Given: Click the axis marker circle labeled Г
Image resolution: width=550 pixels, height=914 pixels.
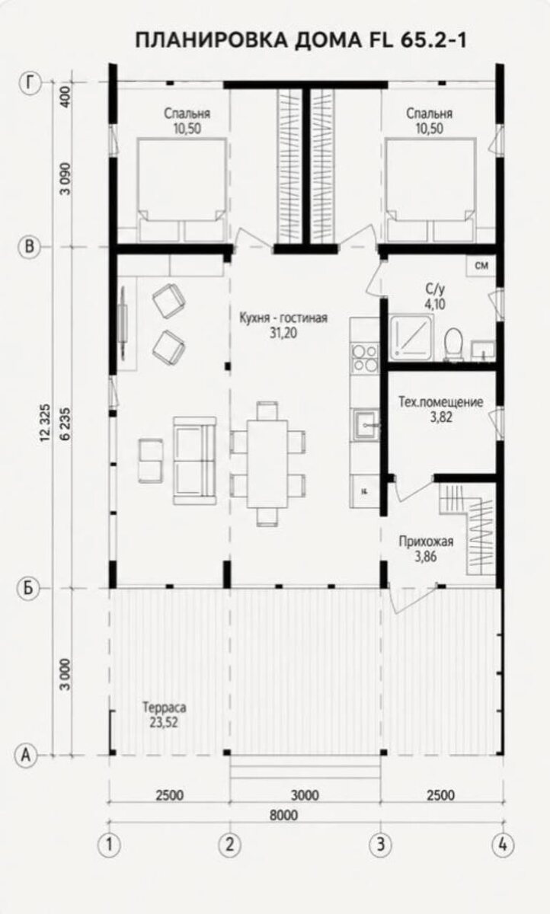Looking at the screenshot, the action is pyautogui.click(x=30, y=83).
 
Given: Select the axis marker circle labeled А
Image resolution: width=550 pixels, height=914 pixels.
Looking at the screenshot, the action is pyautogui.click(x=26, y=755).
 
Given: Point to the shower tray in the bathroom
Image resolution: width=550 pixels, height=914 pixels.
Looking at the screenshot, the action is pyautogui.click(x=411, y=337).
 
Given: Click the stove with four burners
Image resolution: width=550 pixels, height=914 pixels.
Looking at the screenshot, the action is pyautogui.click(x=365, y=358).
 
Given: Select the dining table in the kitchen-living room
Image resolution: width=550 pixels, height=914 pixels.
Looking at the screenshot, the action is pyautogui.click(x=267, y=464).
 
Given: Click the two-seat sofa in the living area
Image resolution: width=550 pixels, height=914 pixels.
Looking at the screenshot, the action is pyautogui.click(x=194, y=461).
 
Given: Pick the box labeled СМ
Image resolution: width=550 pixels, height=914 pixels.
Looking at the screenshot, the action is pyautogui.click(x=481, y=266).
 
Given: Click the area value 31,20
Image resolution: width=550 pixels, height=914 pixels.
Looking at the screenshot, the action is pyautogui.click(x=283, y=333).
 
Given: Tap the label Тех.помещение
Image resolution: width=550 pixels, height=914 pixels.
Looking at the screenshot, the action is pyautogui.click(x=440, y=402).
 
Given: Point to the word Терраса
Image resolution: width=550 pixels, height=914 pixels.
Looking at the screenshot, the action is pyautogui.click(x=165, y=707).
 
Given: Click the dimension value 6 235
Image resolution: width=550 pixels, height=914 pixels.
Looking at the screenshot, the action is pyautogui.click(x=65, y=423).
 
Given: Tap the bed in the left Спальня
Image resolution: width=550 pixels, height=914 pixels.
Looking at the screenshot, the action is pyautogui.click(x=181, y=190).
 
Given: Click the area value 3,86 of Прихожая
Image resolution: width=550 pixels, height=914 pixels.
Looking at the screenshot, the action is pyautogui.click(x=426, y=557).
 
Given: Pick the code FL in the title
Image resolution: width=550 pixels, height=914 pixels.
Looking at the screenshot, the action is pyautogui.click(x=381, y=40).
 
